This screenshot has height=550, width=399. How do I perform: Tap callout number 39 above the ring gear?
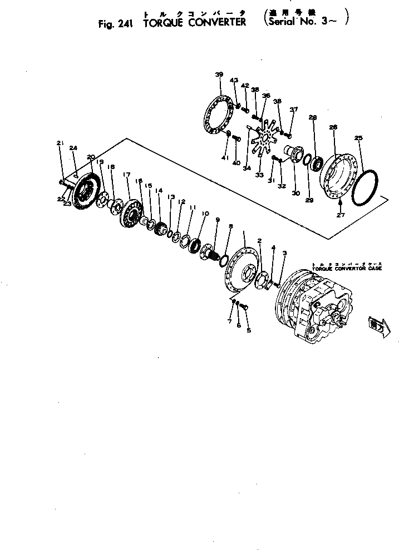pyautogui.click(x=219, y=75)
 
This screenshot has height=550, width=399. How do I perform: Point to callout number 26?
pyautogui.click(x=333, y=127)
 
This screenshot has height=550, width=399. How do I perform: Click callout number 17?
pyautogui.click(x=126, y=175)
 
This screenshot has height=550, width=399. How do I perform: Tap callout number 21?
pyautogui.click(x=60, y=143)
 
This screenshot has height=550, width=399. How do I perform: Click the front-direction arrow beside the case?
pyautogui.click(x=375, y=326)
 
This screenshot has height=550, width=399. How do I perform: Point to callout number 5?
pyautogui.click(x=249, y=330)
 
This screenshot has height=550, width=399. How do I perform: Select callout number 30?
pyautogui.click(x=295, y=193)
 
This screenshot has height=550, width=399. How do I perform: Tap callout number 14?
pyautogui.click(x=159, y=190)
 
